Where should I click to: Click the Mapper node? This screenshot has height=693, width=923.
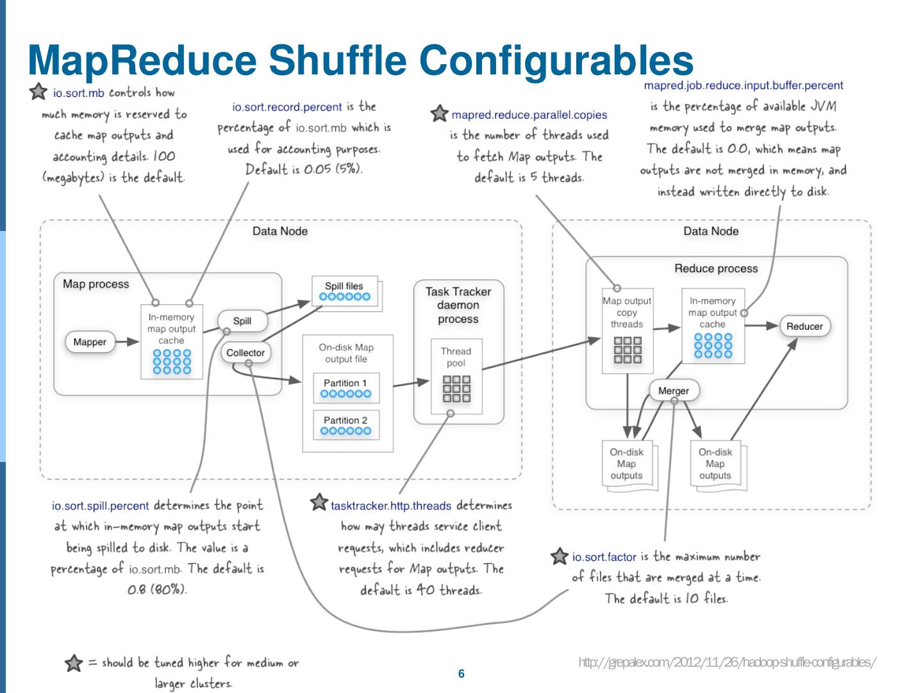click(90, 341)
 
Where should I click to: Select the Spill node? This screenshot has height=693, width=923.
click(242, 321)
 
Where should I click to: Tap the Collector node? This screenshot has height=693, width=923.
click(245, 353)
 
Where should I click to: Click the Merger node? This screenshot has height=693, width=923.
click(674, 391)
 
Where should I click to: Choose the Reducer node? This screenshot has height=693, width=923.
click(804, 327)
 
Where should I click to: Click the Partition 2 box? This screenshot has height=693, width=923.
click(346, 425)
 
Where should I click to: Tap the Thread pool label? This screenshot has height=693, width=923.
click(456, 357)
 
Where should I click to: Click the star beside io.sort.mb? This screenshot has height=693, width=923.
click(38, 91)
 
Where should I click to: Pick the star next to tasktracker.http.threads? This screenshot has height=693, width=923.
click(319, 502)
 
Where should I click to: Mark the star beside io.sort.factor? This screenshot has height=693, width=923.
click(560, 556)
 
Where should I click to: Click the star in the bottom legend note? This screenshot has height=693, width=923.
click(74, 663)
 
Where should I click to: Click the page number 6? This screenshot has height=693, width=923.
click(462, 674)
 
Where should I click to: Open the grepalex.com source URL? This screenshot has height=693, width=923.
click(728, 662)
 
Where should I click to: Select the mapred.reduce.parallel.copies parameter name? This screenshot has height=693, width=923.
click(529, 115)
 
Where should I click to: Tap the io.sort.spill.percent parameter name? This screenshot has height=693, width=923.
click(100, 506)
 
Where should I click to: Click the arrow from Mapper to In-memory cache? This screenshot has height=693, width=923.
click(128, 341)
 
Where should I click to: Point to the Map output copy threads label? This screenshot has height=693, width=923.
click(627, 312)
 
